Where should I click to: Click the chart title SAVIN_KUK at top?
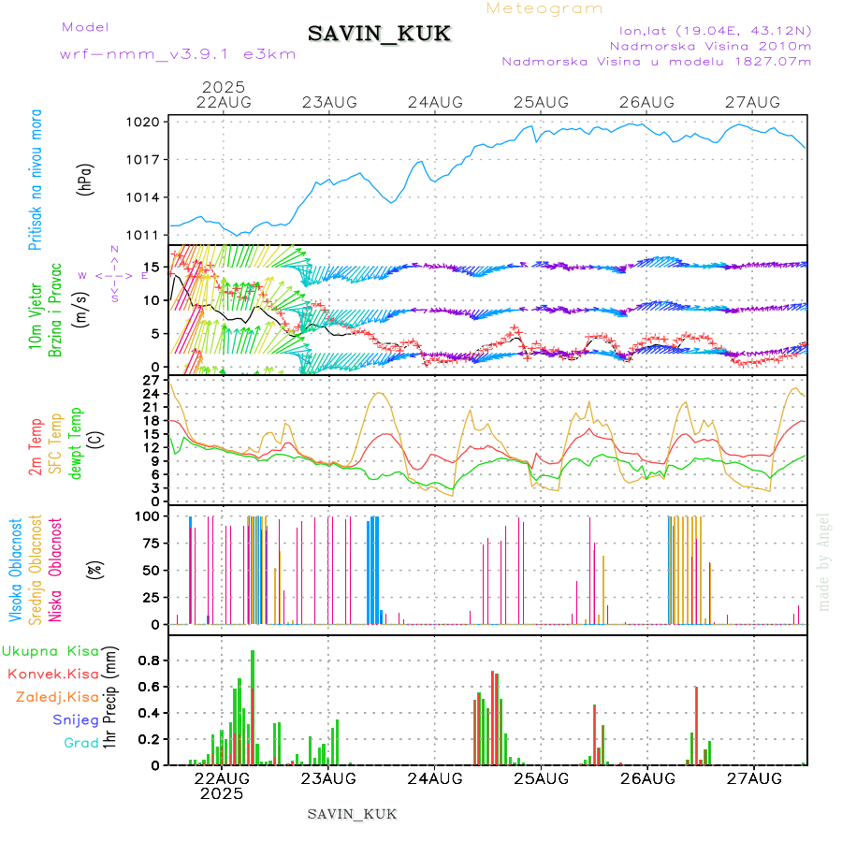(x=380, y=35)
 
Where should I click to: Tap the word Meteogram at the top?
(x=545, y=8)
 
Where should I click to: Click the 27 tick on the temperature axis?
(x=152, y=381)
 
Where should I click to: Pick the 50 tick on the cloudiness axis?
(x=152, y=570)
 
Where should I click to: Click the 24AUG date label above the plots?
(x=436, y=102)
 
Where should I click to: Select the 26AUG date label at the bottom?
(x=647, y=778)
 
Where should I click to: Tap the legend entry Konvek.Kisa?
(x=52, y=674)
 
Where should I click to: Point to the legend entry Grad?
(x=80, y=743)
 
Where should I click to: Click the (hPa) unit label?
(x=86, y=178)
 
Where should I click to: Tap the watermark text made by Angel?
(x=824, y=561)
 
